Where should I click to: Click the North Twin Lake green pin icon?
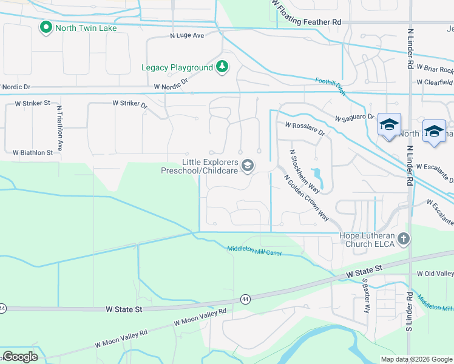click(x=46, y=27)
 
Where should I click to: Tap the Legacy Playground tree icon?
click(x=222, y=67)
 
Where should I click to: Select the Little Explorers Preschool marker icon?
click(x=248, y=166)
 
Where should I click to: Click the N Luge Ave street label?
click(x=187, y=35)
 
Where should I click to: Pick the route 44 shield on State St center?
click(x=245, y=298)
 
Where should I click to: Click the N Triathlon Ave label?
click(x=59, y=129)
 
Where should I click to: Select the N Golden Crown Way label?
click(x=307, y=198)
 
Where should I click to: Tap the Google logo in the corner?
click(x=19, y=357)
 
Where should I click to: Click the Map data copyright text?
click(x=416, y=359)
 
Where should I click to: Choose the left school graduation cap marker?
click(x=388, y=125)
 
